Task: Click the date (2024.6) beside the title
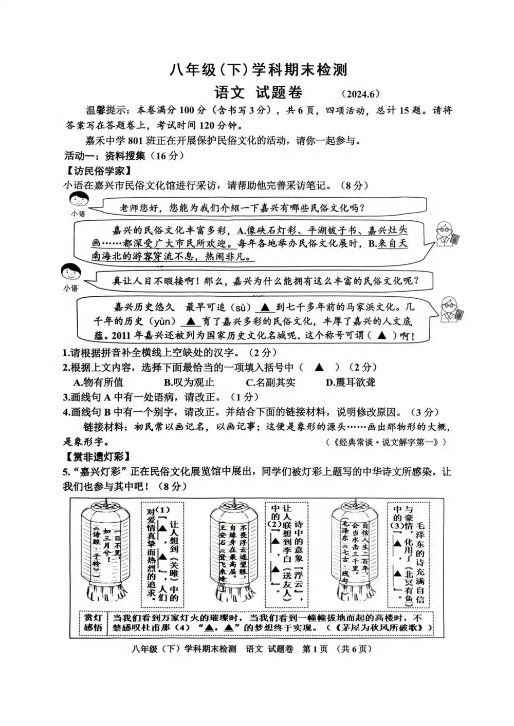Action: [359, 93]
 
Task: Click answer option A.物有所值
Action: [98, 382]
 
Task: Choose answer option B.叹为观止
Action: [189, 382]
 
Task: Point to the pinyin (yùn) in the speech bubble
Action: [161, 322]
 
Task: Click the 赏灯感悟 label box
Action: [93, 623]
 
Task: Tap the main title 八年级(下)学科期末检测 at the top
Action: [259, 70]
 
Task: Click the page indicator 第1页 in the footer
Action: [315, 649]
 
